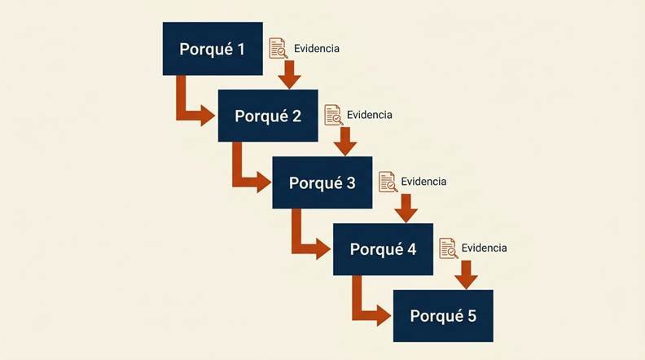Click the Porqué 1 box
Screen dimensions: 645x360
pyautogui.click(x=213, y=49)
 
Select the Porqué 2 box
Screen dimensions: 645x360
pyautogui.click(x=268, y=116)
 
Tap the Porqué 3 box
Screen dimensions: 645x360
pyautogui.click(x=322, y=182)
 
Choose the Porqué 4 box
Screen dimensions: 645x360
pyautogui.click(x=383, y=249)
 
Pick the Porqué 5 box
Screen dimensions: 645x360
pyautogui.click(x=443, y=316)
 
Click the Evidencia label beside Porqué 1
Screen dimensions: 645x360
pyautogui.click(x=316, y=49)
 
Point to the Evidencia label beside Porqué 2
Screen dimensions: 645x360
pyautogui.click(x=370, y=115)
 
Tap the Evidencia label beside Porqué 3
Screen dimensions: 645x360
pyautogui.click(x=423, y=182)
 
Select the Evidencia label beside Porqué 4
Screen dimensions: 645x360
pyautogui.click(x=485, y=248)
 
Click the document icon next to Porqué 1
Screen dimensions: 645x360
pyautogui.click(x=278, y=49)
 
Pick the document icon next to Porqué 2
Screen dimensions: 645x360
pyautogui.click(x=334, y=115)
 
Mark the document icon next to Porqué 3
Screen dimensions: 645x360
pyautogui.click(x=388, y=182)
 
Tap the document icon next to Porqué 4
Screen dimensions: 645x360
pyautogui.click(x=449, y=248)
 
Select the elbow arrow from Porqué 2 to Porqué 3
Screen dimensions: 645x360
pyautogui.click(x=238, y=181)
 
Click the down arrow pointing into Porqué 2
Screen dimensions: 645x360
pyautogui.click(x=289, y=75)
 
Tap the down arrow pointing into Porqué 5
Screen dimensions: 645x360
pyautogui.click(x=466, y=274)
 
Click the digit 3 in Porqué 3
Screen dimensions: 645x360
pyautogui.click(x=350, y=182)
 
